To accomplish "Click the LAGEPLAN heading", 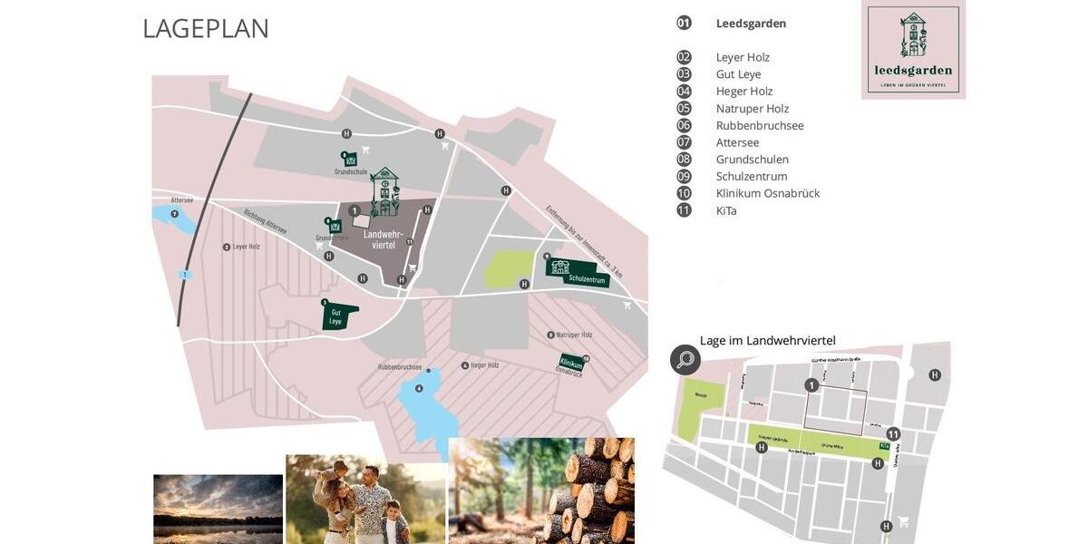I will pyautogui.click(x=206, y=28).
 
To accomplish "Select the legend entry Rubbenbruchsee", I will pyautogui.click(x=760, y=125).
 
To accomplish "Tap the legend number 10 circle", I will pyautogui.click(x=684, y=193).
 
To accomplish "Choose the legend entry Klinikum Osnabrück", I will pyautogui.click(x=767, y=193).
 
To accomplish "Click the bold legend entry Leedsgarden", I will pyautogui.click(x=751, y=24).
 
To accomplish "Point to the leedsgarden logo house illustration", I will pyautogui.click(x=913, y=34).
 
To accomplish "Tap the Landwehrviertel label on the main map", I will pyautogui.click(x=384, y=239).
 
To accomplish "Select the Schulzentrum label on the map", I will pyautogui.click(x=586, y=280).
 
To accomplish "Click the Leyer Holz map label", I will pyautogui.click(x=246, y=247).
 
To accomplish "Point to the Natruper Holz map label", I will pyautogui.click(x=573, y=335).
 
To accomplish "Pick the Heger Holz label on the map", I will pyautogui.click(x=484, y=365).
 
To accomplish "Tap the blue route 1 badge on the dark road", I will pyautogui.click(x=185, y=275).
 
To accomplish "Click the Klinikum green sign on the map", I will pyautogui.click(x=571, y=364).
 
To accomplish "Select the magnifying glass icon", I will pyautogui.click(x=685, y=360).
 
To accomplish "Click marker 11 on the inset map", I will pyautogui.click(x=893, y=434).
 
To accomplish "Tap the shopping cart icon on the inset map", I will pyautogui.click(x=903, y=521).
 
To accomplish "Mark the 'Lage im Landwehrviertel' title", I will pyautogui.click(x=767, y=341).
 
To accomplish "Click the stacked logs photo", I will pyautogui.click(x=541, y=491).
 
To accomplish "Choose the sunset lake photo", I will pyautogui.click(x=218, y=509).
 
